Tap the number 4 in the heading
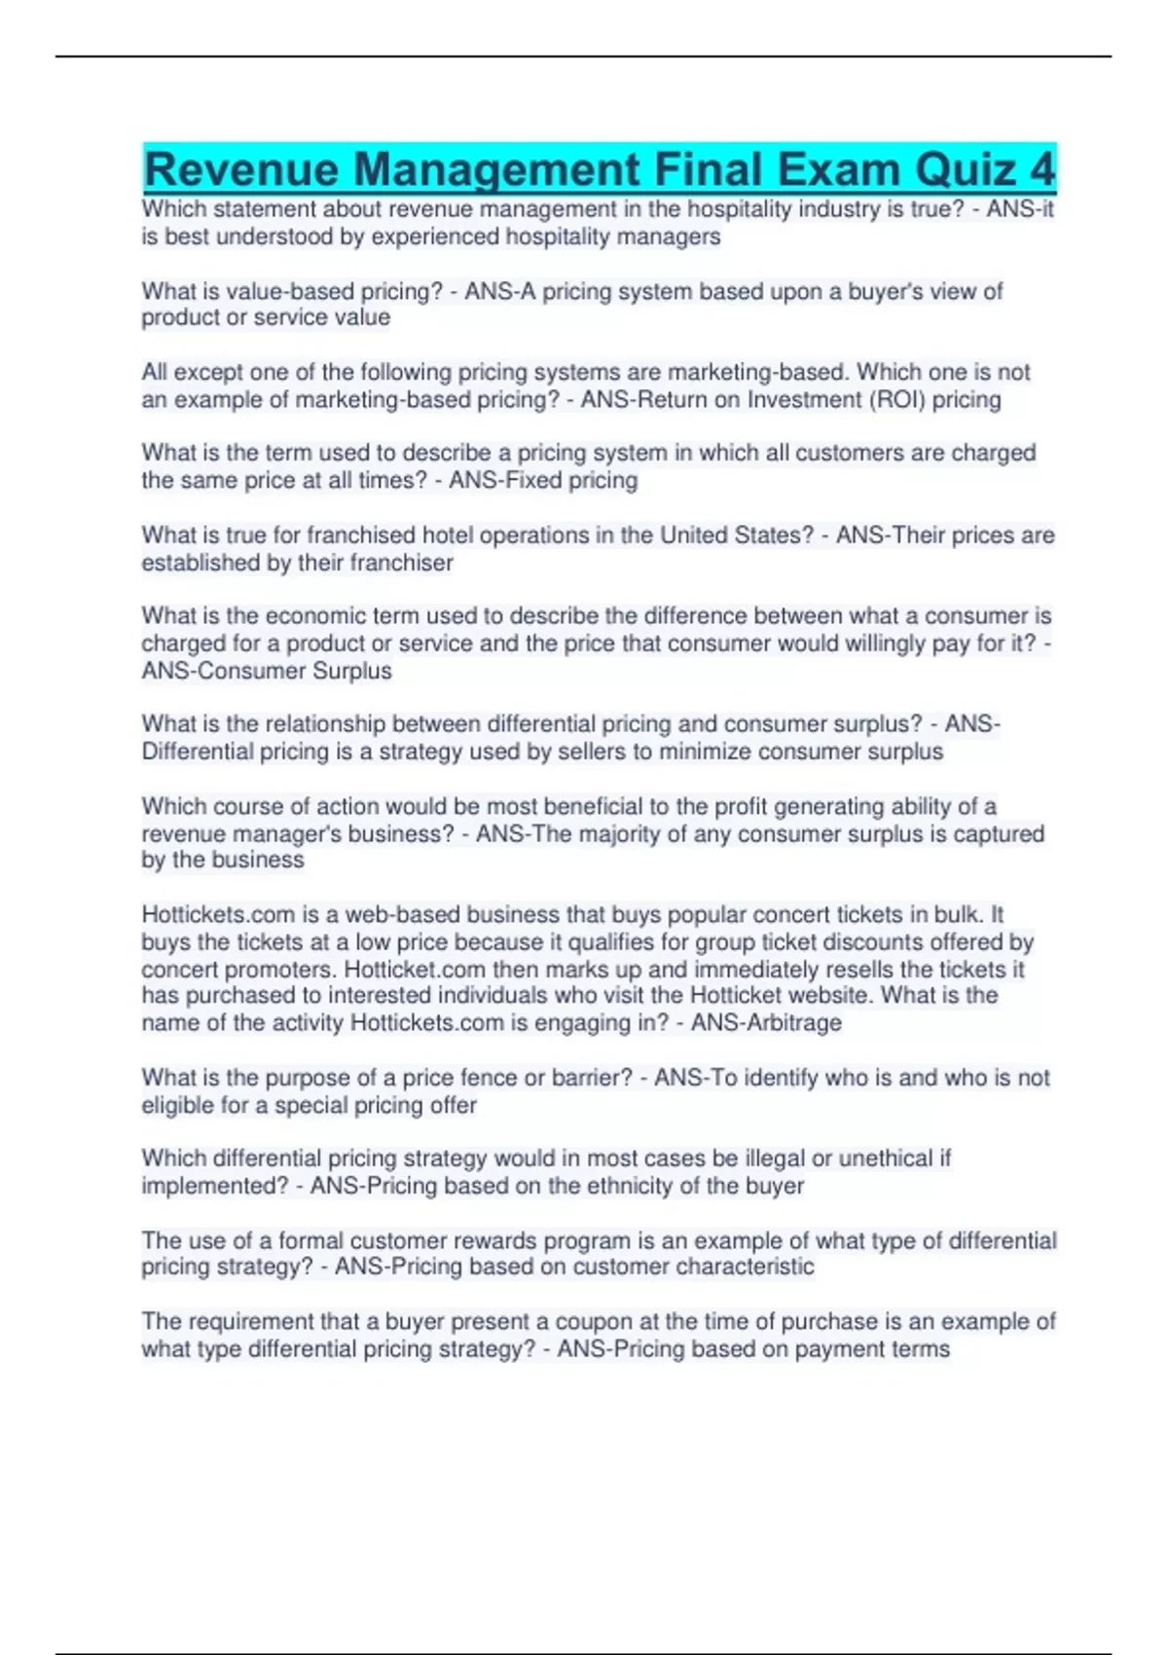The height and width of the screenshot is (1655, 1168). pos(1041,169)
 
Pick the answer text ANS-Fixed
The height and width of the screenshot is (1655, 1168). pos(496,480)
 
